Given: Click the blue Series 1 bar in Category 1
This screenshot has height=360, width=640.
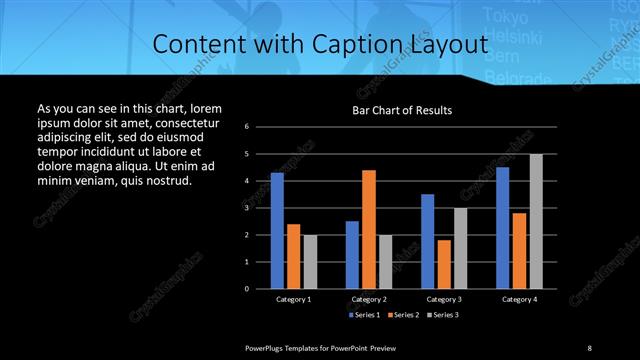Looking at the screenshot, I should tap(277, 231).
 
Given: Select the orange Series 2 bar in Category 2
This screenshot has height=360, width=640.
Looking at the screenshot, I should tap(368, 229).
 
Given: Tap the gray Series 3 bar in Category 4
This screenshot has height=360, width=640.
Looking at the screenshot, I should tap(536, 221).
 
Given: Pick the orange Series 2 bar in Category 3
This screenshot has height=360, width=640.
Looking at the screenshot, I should tap(444, 264).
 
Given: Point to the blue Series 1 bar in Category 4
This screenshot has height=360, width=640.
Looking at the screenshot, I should tap(503, 228).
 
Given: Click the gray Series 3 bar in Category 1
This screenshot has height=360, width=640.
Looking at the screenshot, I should tap(310, 261).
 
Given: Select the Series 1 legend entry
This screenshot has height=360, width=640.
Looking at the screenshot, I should tap(366, 314).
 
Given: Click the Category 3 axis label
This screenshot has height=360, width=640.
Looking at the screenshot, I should tap(444, 299).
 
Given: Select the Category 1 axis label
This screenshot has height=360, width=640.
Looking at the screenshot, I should tap(294, 299).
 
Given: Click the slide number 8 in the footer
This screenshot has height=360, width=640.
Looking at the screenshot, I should tap(589, 347).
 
